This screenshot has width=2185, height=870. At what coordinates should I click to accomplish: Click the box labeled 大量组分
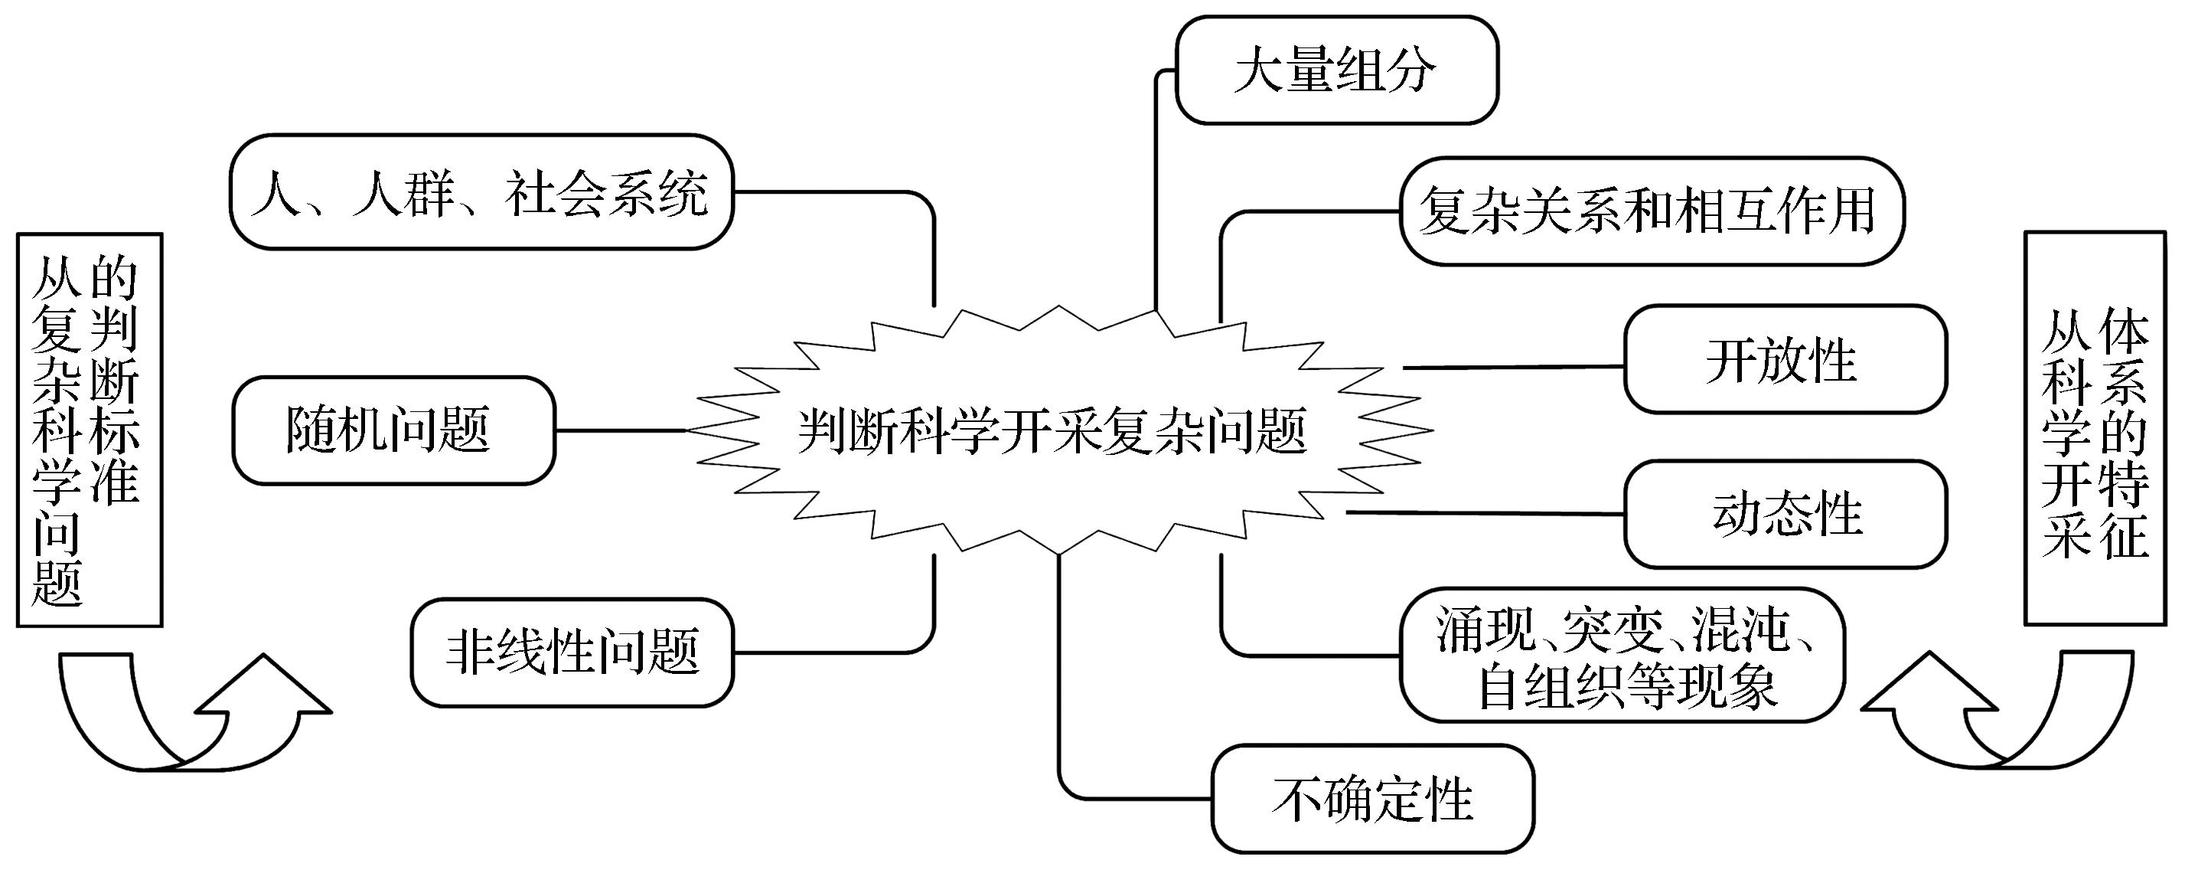(1336, 70)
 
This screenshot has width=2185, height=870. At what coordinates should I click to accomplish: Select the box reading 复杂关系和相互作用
(1650, 211)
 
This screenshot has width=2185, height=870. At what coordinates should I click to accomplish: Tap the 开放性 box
(1785, 360)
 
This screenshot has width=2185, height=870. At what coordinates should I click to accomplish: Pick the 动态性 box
(1785, 515)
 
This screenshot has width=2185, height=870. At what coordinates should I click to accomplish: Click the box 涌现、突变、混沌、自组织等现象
(1622, 656)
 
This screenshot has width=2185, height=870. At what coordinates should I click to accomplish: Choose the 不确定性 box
(1372, 799)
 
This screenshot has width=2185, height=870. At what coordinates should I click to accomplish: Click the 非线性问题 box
(572, 652)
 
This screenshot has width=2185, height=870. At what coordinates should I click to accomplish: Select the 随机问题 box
(393, 430)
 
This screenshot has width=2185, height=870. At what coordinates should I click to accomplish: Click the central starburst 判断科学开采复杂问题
(1052, 431)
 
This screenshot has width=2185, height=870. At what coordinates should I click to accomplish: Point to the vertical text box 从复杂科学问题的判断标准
(89, 430)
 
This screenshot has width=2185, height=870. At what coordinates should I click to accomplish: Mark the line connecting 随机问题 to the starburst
(619, 430)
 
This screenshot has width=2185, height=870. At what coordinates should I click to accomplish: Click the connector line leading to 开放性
(1514, 368)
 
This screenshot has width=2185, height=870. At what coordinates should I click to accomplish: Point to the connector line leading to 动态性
(1485, 512)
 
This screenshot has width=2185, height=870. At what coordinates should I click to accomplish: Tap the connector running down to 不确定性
(1060, 679)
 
